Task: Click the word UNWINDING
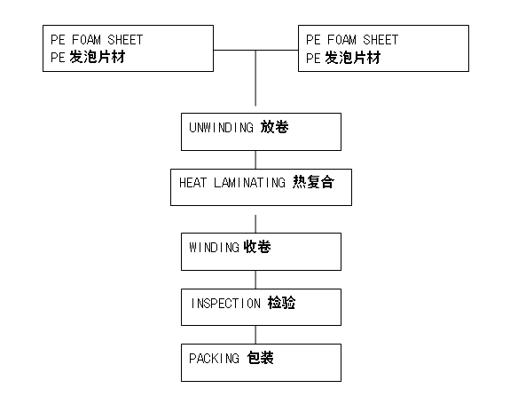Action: click(x=221, y=128)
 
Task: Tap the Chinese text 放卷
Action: click(x=275, y=127)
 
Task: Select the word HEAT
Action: click(x=192, y=183)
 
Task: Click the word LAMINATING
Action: click(x=249, y=183)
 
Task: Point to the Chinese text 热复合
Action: click(x=313, y=182)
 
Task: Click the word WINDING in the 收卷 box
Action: click(x=215, y=248)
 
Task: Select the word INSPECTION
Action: click(x=225, y=304)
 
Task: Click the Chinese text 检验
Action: click(x=282, y=303)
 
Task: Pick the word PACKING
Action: click(x=215, y=359)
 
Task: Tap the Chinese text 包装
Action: click(x=260, y=358)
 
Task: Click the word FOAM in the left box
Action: click(x=86, y=40)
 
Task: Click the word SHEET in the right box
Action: click(x=381, y=40)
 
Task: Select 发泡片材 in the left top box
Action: click(x=98, y=58)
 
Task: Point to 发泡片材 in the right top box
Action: click(x=353, y=58)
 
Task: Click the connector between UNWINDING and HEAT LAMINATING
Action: click(x=255, y=160)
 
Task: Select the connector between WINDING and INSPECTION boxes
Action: click(x=255, y=280)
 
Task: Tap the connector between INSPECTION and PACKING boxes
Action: click(x=255, y=335)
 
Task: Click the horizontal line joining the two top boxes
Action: click(x=255, y=50)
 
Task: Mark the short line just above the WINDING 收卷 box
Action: click(x=255, y=224)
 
